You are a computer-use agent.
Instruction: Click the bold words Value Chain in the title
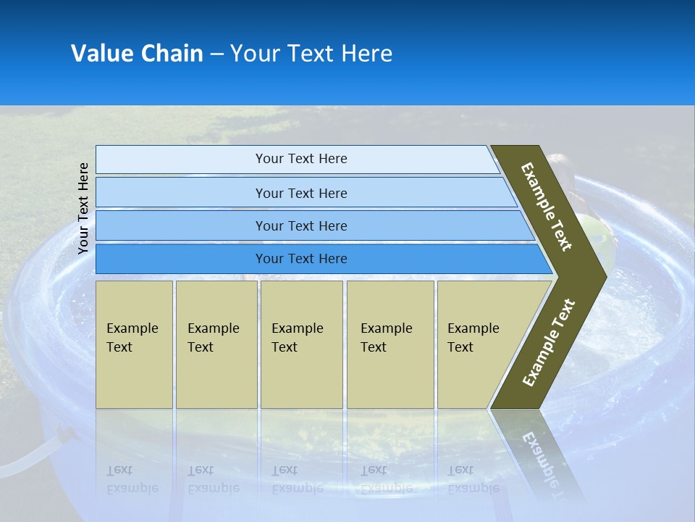pyautogui.click(x=137, y=54)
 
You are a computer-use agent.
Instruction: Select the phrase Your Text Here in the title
pyautogui.click(x=311, y=54)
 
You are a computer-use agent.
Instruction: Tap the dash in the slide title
pyautogui.click(x=216, y=54)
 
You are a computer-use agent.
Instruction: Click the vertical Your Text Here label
pyautogui.click(x=83, y=208)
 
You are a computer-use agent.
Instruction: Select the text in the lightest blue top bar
pyautogui.click(x=301, y=159)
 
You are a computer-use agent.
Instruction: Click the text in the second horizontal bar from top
pyautogui.click(x=301, y=193)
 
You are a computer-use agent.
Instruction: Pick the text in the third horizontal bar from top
pyautogui.click(x=301, y=225)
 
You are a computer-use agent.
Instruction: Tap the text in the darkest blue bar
pyautogui.click(x=301, y=259)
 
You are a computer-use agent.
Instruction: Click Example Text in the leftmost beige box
pyautogui.click(x=132, y=338)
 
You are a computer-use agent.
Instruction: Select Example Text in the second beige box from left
pyautogui.click(x=213, y=338)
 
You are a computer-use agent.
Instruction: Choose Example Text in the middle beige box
pyautogui.click(x=297, y=338)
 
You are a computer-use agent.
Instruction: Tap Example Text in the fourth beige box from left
pyautogui.click(x=386, y=338)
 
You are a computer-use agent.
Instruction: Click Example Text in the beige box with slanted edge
pyautogui.click(x=473, y=338)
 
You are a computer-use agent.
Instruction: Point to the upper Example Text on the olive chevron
pyautogui.click(x=547, y=207)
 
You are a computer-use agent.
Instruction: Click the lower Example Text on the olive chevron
pyautogui.click(x=549, y=343)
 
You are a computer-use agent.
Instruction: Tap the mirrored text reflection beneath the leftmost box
pyautogui.click(x=132, y=479)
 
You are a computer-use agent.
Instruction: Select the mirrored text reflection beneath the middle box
pyautogui.click(x=297, y=479)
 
